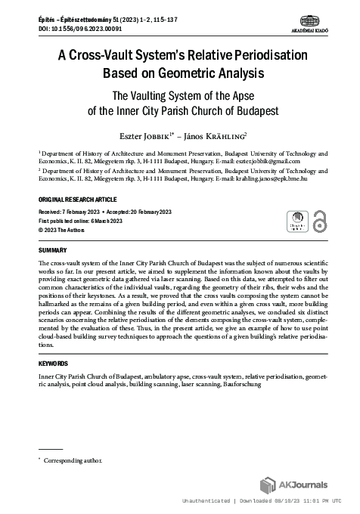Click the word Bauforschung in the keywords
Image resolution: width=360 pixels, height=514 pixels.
click(237, 385)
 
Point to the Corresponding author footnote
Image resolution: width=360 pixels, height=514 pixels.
click(72, 460)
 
